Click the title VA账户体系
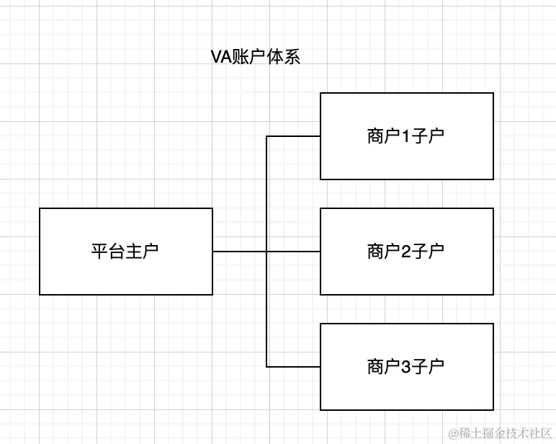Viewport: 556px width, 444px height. (x=254, y=58)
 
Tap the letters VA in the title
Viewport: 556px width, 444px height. (x=219, y=58)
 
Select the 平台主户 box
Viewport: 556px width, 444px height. (x=126, y=252)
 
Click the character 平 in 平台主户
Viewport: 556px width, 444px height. (x=99, y=252)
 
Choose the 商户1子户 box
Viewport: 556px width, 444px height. (x=407, y=136)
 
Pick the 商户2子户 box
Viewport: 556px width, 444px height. (x=407, y=252)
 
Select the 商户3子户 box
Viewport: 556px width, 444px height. (x=407, y=367)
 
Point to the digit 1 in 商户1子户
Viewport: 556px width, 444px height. (x=405, y=136)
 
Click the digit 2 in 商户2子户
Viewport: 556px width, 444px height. (x=405, y=252)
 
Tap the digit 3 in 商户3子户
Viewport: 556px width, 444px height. (x=405, y=367)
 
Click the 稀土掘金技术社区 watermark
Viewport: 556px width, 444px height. (x=500, y=432)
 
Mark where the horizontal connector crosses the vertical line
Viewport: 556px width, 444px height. (x=266, y=252)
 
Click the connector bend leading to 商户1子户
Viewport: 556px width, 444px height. (x=266, y=136)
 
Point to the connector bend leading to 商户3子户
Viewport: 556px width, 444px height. (x=266, y=367)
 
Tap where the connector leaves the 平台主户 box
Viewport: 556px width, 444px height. (x=213, y=252)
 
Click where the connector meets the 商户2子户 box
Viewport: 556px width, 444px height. (x=320, y=252)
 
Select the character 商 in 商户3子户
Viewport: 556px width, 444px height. (x=375, y=367)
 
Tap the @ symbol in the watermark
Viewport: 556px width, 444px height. (x=454, y=433)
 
